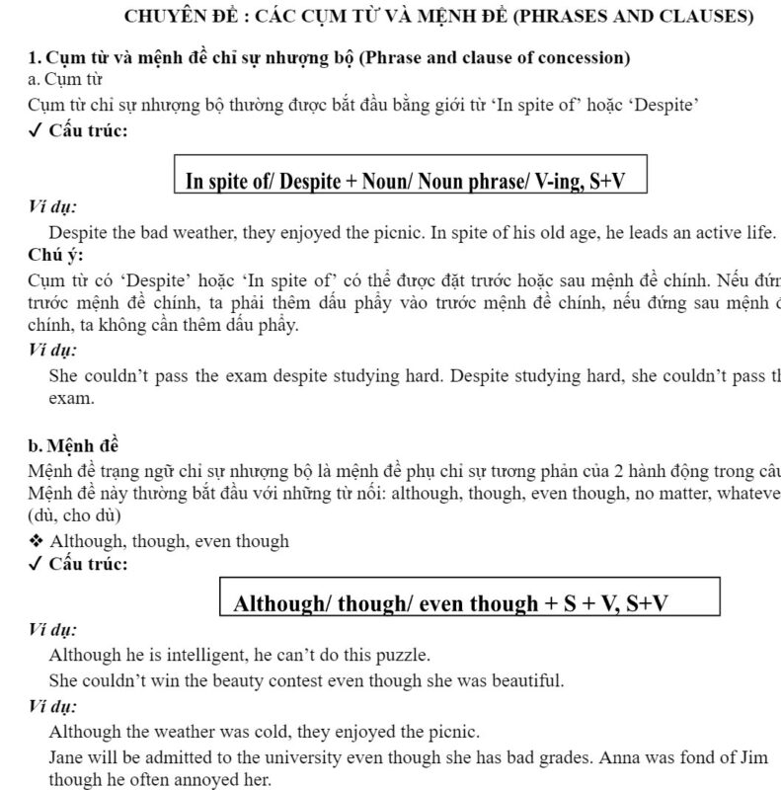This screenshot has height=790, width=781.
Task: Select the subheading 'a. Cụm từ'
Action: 66,79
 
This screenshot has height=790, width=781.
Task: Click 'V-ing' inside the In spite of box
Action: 553,181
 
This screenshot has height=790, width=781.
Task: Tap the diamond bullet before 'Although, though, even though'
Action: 37,541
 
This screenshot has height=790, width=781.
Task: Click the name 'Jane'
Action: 67,756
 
